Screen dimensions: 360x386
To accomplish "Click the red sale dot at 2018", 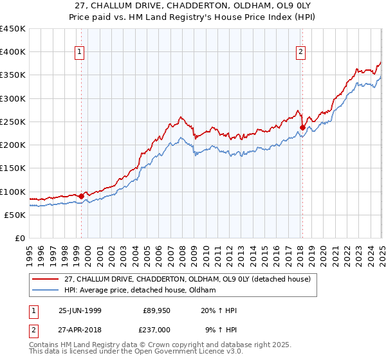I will coord(302,128).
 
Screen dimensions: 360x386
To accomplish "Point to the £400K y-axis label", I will coord(13,52).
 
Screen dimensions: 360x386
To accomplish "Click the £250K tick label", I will coord(13,122).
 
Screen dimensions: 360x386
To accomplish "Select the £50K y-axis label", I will coord(15,215).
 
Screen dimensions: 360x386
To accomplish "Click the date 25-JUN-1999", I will coord(80,310).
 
